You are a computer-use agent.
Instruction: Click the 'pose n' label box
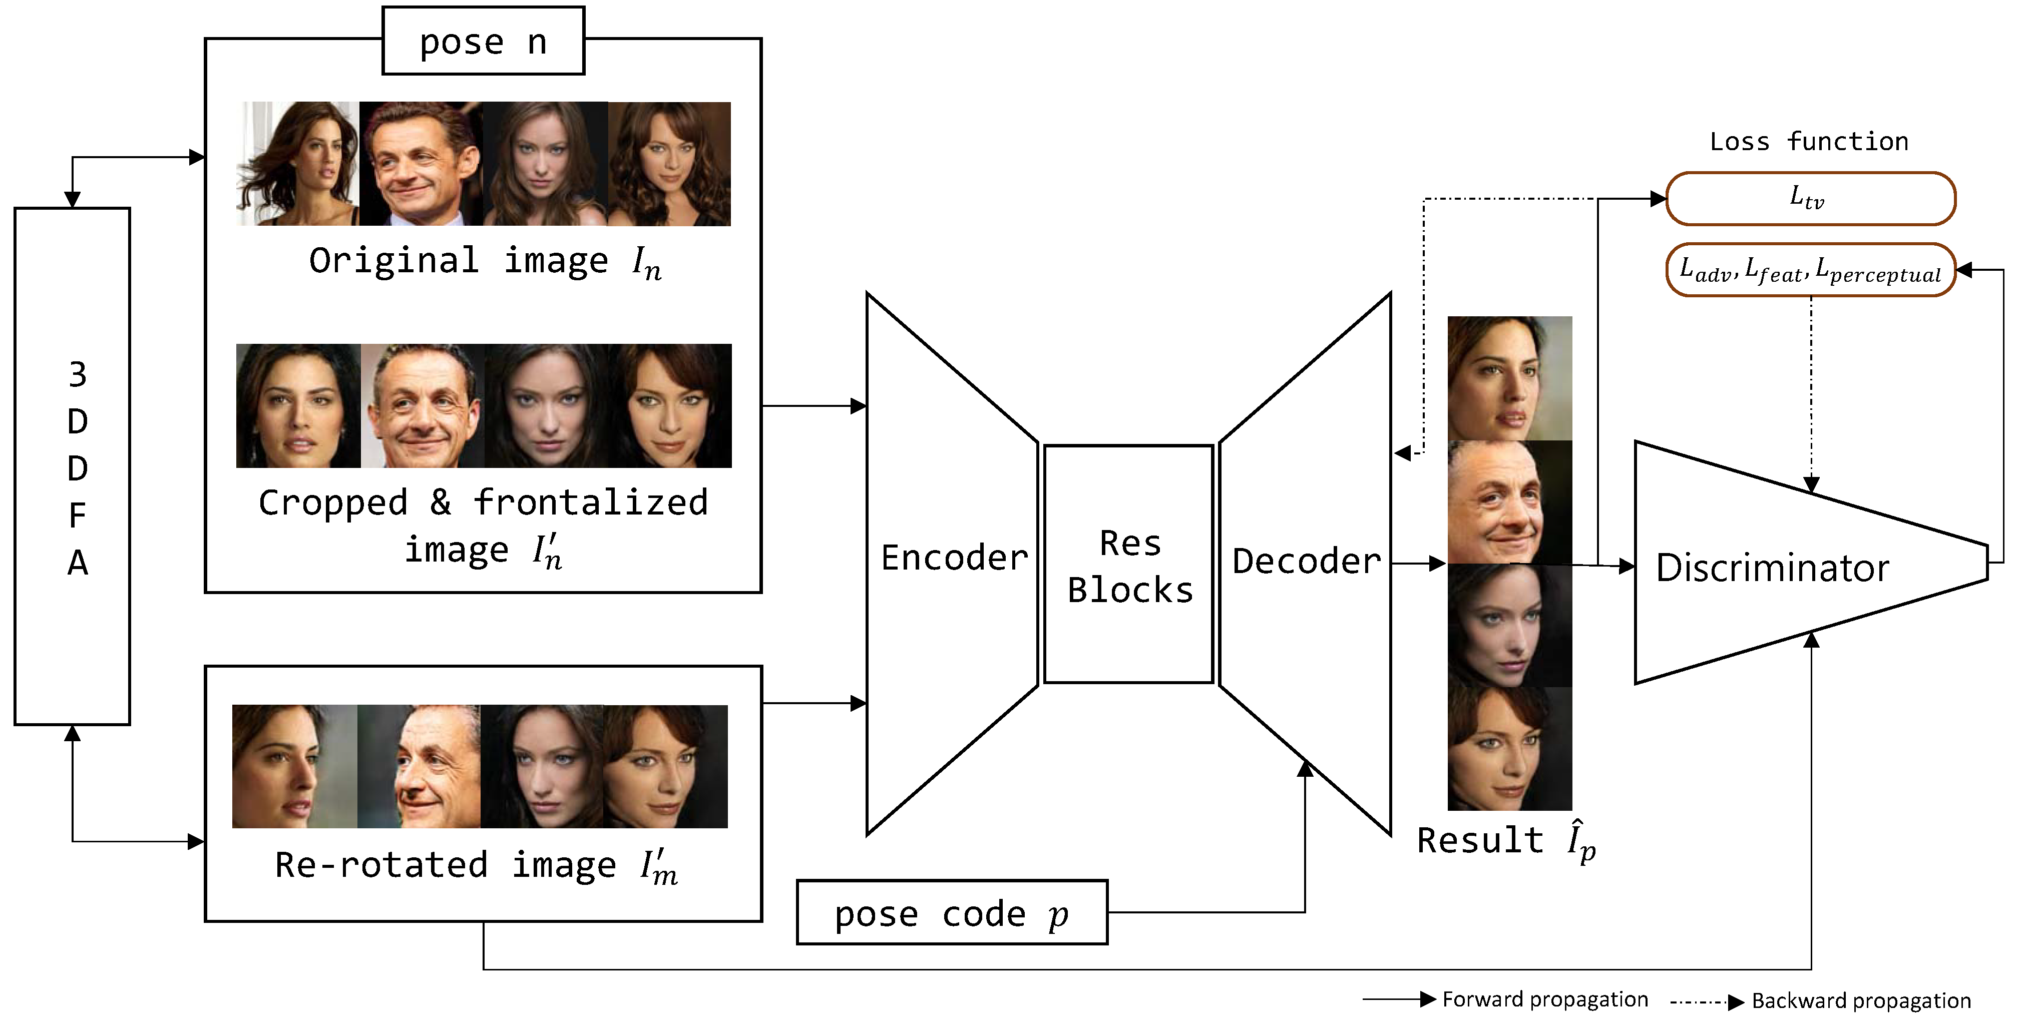483,41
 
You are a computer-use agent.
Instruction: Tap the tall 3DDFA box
72,466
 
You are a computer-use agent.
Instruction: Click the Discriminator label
1772,568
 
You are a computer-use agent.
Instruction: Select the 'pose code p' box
951,913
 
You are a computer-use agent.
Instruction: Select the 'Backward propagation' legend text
1860,1001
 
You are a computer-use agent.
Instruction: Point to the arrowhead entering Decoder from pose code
1305,768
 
